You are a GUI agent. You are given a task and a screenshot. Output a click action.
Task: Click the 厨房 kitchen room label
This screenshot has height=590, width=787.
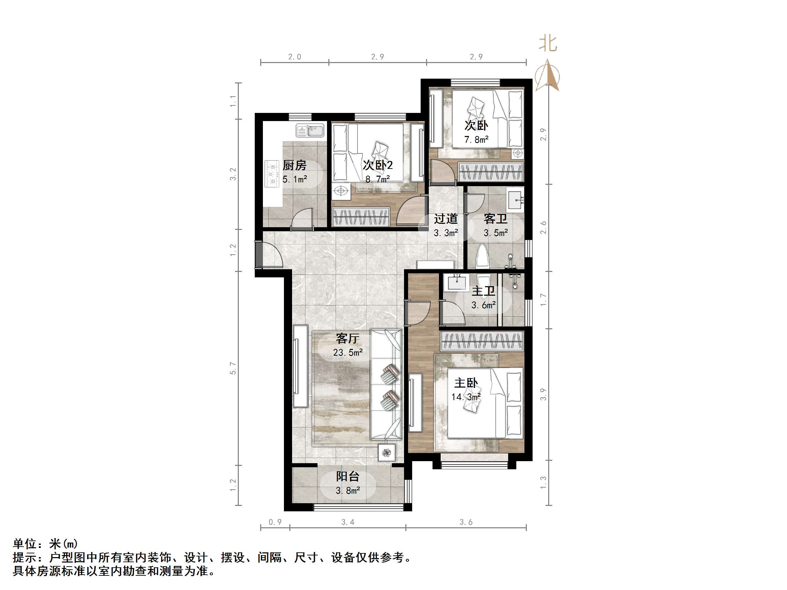[294, 165]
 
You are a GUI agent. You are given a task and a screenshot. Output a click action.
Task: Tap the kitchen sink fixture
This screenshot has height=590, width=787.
[310, 131]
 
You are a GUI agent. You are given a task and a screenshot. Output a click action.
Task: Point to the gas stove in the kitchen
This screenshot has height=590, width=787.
[272, 174]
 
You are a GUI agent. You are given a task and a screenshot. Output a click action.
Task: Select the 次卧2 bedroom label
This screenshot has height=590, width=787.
[378, 165]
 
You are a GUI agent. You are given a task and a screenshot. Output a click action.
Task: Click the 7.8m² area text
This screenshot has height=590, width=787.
[476, 140]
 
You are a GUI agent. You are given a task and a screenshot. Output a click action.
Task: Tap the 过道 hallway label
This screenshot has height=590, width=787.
[445, 219]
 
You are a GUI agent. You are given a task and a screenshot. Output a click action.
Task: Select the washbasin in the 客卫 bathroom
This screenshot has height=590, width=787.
[516, 200]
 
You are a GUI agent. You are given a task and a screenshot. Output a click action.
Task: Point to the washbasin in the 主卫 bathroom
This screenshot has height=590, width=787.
[457, 282]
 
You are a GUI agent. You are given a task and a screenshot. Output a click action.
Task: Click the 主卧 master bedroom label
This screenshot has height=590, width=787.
[466, 383]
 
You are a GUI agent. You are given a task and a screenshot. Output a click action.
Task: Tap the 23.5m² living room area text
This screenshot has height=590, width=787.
[348, 352]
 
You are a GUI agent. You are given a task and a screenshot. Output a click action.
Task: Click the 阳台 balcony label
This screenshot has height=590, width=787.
[348, 476]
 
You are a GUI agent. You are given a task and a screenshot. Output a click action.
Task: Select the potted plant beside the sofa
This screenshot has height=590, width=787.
[387, 452]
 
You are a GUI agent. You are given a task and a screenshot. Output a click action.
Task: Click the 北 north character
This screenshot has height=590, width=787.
[548, 44]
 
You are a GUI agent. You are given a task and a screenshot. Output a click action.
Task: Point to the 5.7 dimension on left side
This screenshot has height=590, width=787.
[233, 369]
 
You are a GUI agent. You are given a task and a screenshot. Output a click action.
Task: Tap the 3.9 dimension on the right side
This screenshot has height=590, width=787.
[543, 394]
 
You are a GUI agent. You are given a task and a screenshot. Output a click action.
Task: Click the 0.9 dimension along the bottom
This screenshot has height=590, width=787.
[275, 522]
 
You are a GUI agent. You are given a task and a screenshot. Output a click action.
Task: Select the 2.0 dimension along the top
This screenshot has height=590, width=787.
[294, 57]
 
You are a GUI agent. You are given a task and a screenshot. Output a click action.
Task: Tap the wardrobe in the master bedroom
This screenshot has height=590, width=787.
[482, 341]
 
